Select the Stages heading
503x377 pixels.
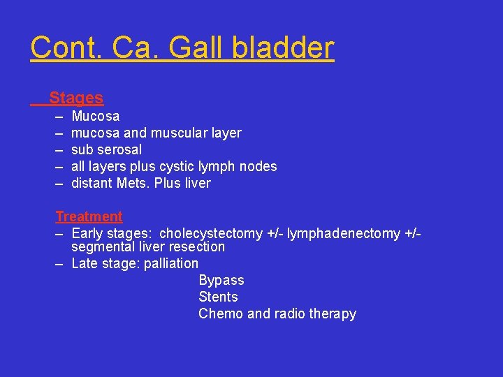76,98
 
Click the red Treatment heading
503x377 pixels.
89,216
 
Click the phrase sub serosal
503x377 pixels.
106,149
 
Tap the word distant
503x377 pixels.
94,183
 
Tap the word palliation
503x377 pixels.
171,263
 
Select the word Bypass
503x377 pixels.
221,280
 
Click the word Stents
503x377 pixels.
218,297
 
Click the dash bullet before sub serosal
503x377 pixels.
60,149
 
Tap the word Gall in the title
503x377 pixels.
195,48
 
